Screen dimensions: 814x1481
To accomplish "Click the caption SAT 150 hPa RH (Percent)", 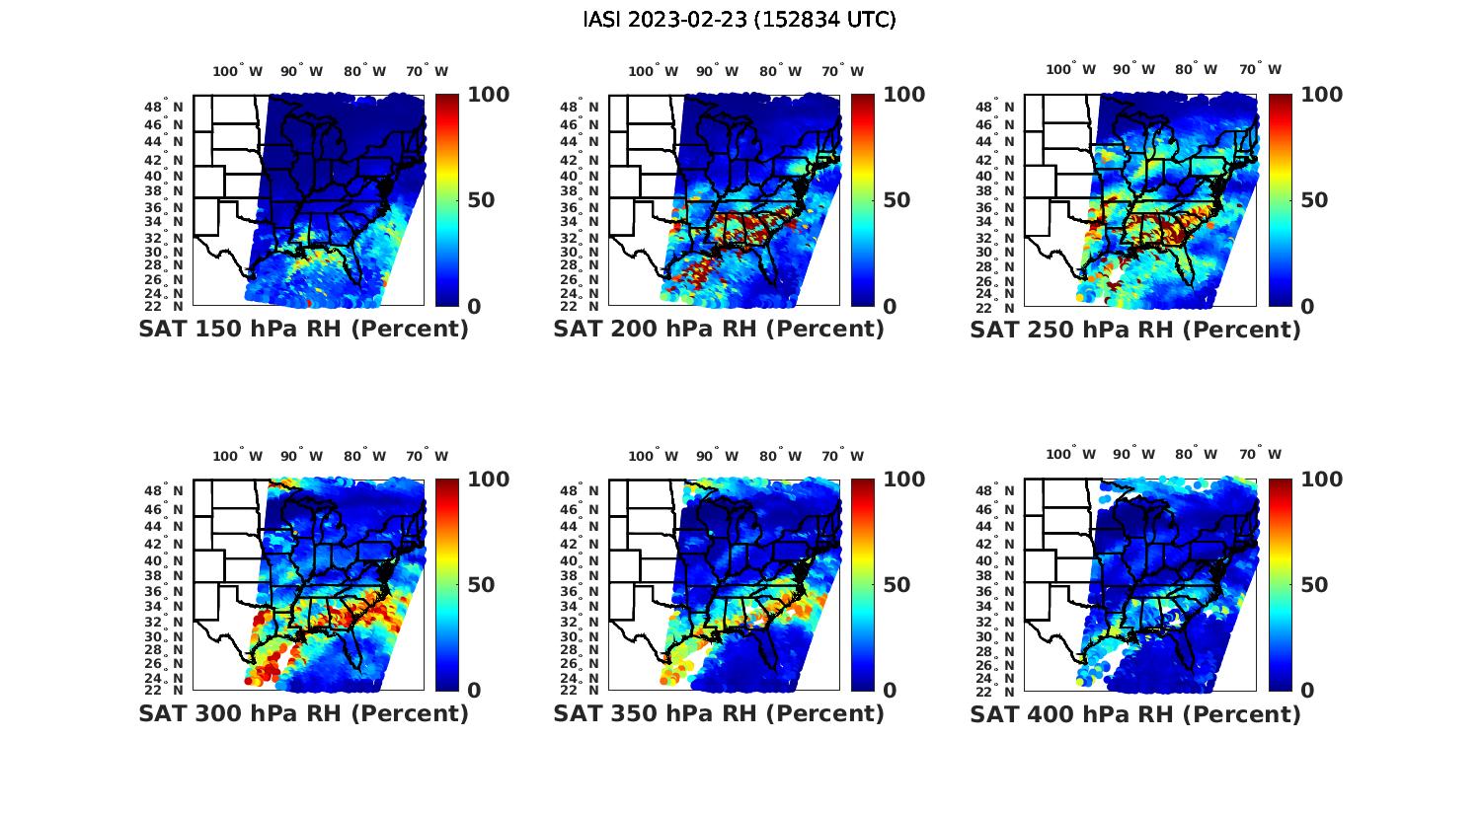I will (x=303, y=330).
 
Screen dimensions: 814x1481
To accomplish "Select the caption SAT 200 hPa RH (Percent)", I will (x=719, y=330).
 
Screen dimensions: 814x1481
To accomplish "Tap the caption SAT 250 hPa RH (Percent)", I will (x=1135, y=330).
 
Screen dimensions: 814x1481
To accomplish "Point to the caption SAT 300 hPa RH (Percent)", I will (x=303, y=713).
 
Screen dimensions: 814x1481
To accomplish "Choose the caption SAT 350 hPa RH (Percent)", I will (x=719, y=713).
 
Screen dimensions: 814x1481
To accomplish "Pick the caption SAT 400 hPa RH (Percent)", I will (x=1135, y=713).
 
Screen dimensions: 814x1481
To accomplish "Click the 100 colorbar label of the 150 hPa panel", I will (x=488, y=95).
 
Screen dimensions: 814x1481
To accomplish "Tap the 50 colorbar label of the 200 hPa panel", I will (x=896, y=200).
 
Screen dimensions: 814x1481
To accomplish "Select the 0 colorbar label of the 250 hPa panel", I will (x=1307, y=307).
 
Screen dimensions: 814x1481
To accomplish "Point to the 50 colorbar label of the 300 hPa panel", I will (x=481, y=585).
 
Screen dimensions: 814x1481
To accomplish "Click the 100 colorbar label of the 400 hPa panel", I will (x=1321, y=480).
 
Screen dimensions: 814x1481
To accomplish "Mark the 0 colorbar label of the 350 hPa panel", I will (x=890, y=691).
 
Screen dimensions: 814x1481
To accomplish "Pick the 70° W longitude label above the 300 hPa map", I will (x=427, y=456).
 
